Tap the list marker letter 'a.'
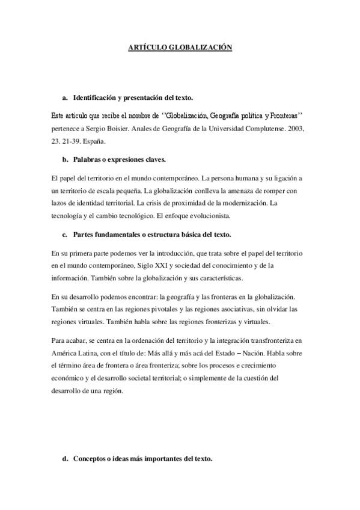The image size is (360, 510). tap(65, 97)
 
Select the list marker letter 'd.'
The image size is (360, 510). tap(65, 459)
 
